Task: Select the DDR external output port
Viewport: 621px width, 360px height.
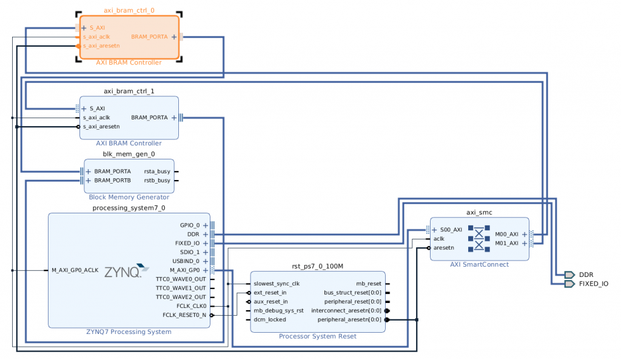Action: [585, 275]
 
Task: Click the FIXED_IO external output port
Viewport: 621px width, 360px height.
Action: [593, 283]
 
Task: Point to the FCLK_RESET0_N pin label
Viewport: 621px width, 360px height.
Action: [184, 315]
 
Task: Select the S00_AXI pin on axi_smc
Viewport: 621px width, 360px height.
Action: [451, 230]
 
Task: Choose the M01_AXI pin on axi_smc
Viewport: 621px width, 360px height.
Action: [506, 243]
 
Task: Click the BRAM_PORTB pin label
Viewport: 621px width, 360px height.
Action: [112, 181]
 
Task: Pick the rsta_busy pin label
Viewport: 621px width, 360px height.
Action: [156, 172]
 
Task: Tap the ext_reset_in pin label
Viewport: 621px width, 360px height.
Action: [270, 292]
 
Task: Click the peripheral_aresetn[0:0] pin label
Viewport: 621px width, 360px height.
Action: [349, 319]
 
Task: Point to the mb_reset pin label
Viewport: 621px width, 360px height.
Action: [369, 283]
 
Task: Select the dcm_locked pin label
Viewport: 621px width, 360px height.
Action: [269, 319]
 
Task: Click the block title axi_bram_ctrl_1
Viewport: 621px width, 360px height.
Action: [129, 91]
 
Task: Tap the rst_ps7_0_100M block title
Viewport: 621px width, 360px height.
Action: [318, 266]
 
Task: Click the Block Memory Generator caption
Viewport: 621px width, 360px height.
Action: [129, 197]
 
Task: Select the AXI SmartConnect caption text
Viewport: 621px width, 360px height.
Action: [479, 264]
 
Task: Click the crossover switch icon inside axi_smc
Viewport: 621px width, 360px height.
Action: [479, 239]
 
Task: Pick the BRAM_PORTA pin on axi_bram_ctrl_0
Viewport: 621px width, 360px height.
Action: [149, 37]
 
